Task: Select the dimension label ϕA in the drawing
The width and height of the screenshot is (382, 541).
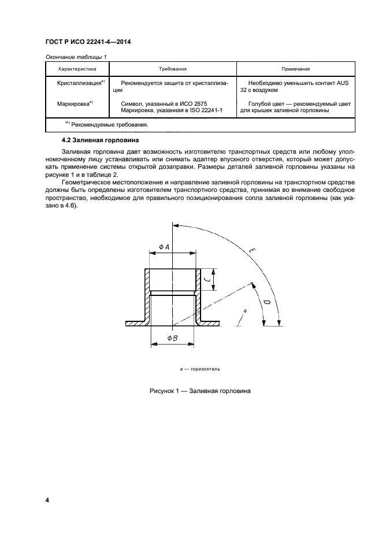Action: [x=164, y=247]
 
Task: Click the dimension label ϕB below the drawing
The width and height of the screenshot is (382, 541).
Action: [x=172, y=338]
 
